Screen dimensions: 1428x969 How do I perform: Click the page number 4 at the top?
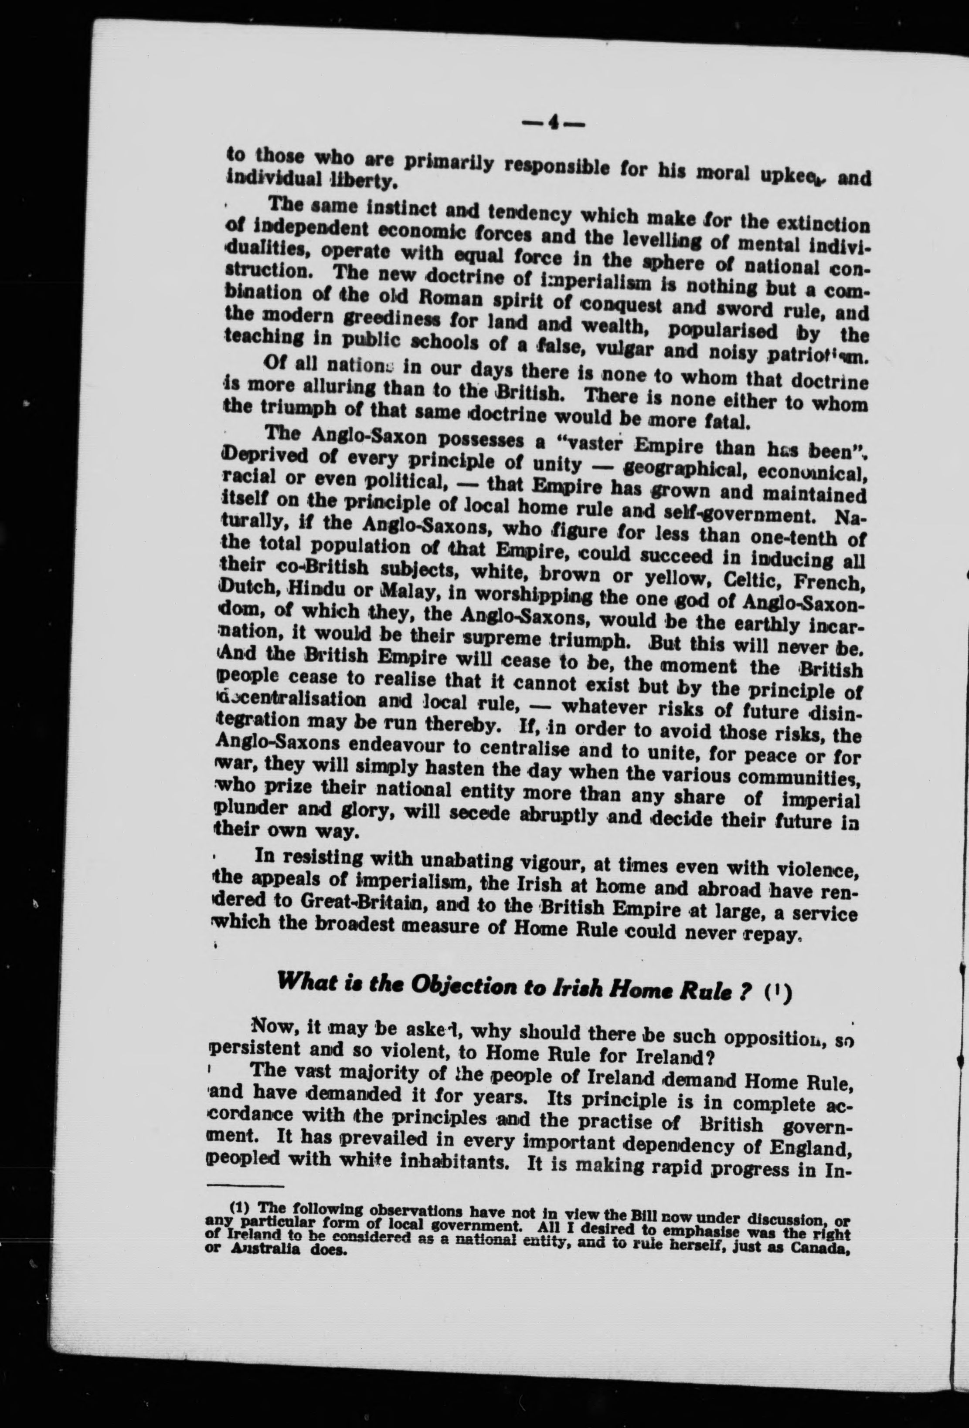coord(553,124)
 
